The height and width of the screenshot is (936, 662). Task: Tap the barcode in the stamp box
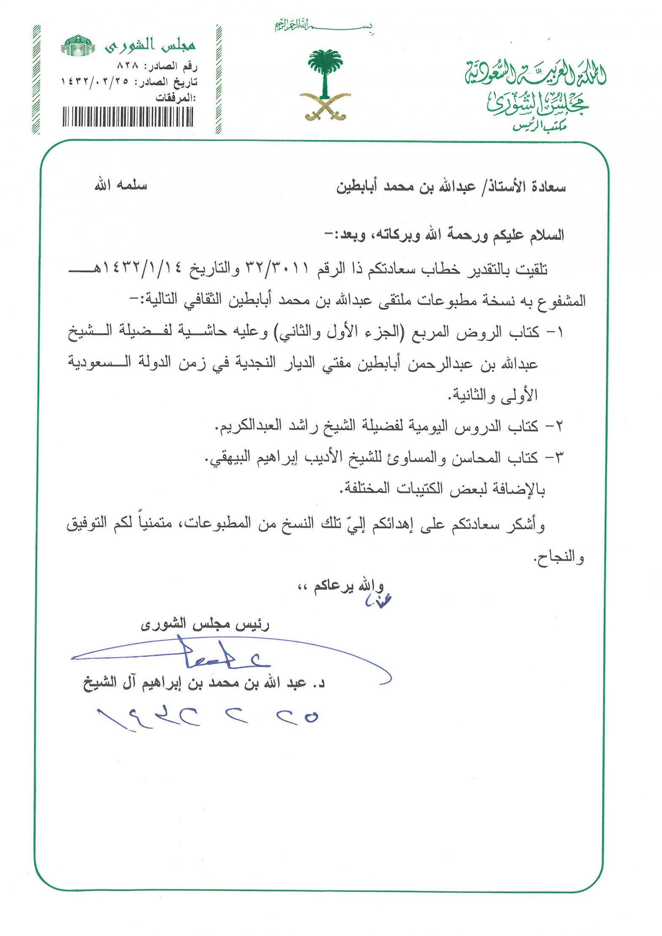pos(128,117)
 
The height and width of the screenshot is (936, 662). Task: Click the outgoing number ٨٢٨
pos(128,66)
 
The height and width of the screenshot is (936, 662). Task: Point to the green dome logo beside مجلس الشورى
pos(78,46)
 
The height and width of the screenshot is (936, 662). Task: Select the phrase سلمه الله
pos(121,185)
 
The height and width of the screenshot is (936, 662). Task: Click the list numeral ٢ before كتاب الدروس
pos(559,426)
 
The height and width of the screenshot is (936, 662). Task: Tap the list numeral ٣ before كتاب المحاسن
pos(559,457)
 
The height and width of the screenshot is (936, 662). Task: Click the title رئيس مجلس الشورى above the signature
pos(205,624)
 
